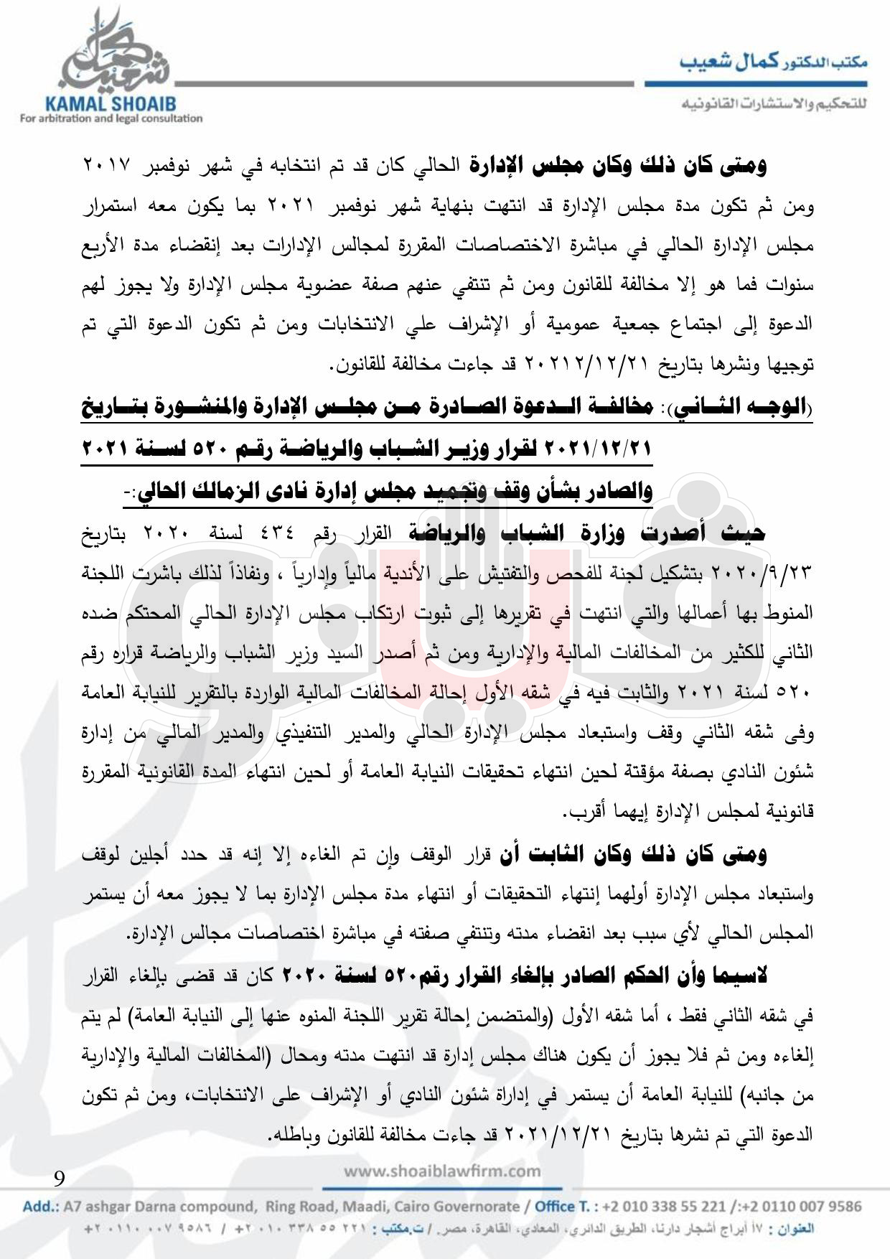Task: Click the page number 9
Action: [x=59, y=1178]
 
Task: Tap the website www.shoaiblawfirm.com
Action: [x=443, y=1171]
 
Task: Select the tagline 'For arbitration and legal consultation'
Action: [x=112, y=118]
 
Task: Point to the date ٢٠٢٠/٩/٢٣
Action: [x=776, y=574]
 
